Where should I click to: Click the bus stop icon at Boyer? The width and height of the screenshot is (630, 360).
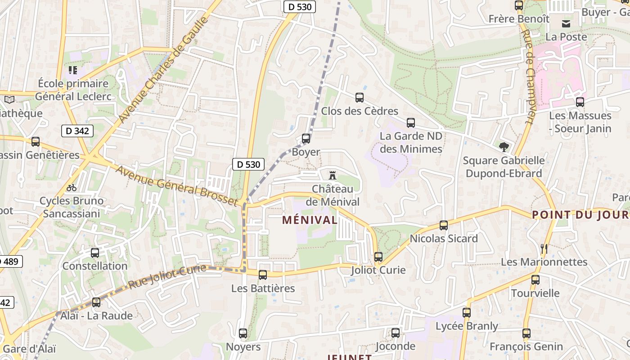coord(306,139)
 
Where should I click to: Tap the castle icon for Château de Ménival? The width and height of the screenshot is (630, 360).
coord(333,175)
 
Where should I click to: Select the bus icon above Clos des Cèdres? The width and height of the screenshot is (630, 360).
coord(359,97)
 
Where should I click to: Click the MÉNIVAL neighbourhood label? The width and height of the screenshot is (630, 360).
coord(310,220)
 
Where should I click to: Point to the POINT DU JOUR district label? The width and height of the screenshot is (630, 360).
coord(580,215)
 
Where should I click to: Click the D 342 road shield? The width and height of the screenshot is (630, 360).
coord(77,131)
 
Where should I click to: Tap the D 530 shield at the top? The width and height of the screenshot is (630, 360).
coord(299,7)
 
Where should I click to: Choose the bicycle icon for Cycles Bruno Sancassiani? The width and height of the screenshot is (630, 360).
coord(72,187)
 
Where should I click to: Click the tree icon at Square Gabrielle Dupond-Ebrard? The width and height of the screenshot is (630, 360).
coord(504,147)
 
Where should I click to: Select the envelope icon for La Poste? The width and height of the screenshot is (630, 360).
coord(566,23)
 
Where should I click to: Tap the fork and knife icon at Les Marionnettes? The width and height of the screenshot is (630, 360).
coord(544,248)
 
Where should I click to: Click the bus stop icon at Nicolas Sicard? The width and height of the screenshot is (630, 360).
coord(444,225)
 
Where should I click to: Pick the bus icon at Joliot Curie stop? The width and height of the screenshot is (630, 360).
coord(378,257)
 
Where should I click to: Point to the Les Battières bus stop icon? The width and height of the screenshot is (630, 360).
coord(263,274)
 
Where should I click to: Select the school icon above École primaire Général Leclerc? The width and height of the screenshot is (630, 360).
coord(72,70)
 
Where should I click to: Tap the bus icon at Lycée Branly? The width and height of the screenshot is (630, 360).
coord(467,312)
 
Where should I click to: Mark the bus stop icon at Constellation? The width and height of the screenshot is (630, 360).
coord(94,253)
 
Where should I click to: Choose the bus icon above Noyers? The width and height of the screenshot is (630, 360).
coord(243,333)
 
